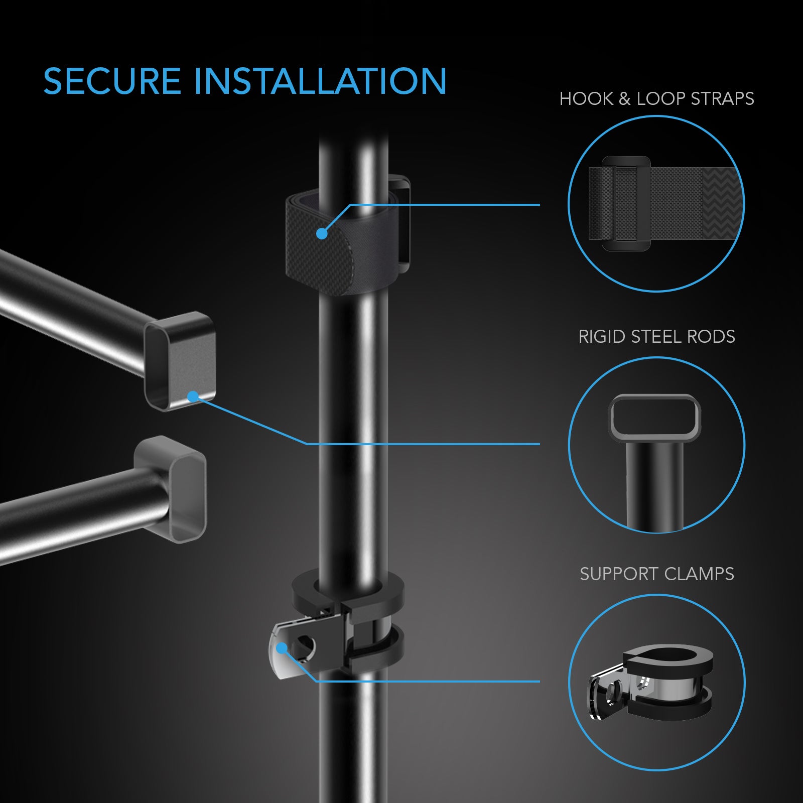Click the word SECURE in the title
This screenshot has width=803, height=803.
coord(111,81)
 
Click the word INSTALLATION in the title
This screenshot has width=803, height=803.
coord(320,81)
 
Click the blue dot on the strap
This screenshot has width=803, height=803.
coord(322,233)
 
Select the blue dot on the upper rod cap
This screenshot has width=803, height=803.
coord(192,397)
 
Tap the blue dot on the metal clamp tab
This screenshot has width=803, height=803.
coord(282,648)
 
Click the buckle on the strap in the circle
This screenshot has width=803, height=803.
coord(626,203)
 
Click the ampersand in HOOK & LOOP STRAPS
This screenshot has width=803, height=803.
coord(624,99)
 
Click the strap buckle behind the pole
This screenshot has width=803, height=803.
coord(401,221)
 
